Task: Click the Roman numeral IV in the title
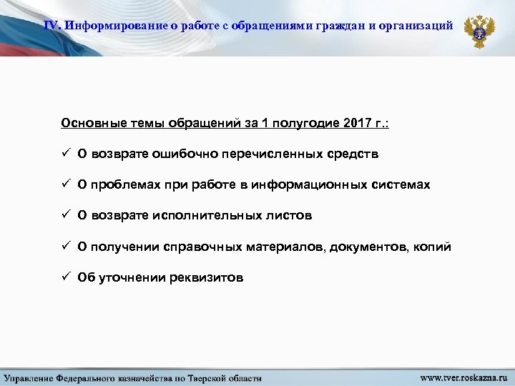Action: [x=52, y=26]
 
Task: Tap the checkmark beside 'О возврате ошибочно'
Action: [x=64, y=154]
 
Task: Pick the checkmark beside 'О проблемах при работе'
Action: [x=64, y=184]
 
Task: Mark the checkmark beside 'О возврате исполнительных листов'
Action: [x=64, y=215]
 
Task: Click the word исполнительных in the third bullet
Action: [x=214, y=215]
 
